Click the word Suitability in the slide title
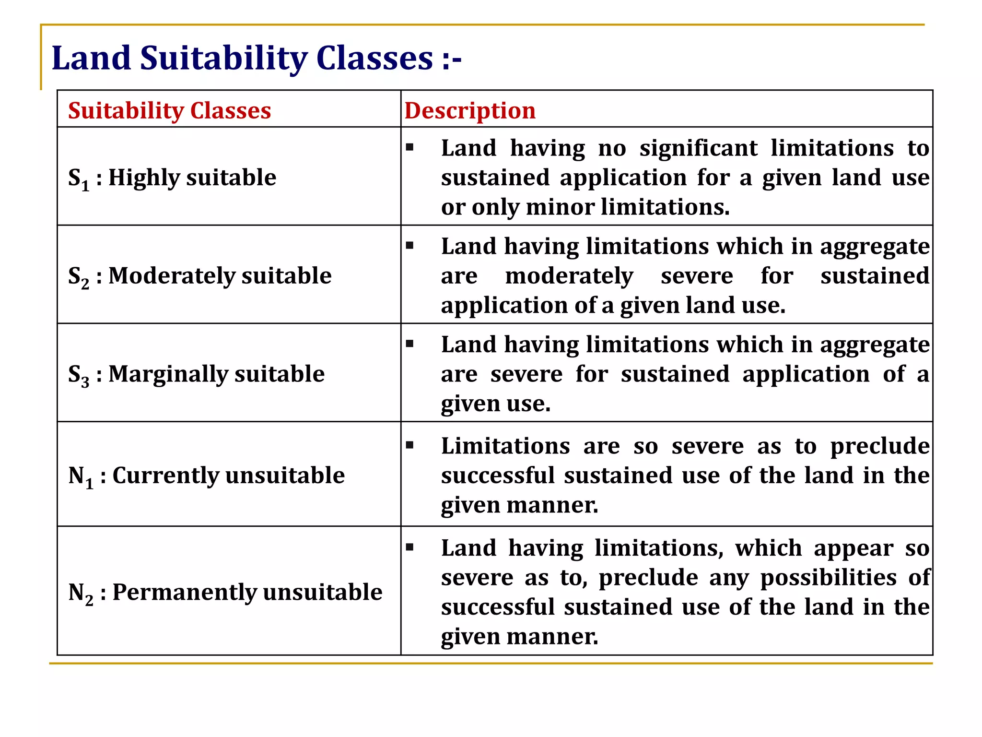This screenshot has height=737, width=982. tap(224, 59)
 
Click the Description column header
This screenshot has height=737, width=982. tap(470, 111)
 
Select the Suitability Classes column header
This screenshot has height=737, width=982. tap(169, 111)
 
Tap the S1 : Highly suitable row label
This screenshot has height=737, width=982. tap(172, 178)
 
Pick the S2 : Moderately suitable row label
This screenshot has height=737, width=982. tap(199, 276)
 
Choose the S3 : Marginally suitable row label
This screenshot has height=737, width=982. tap(196, 374)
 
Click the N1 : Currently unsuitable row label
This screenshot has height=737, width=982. tap(206, 476)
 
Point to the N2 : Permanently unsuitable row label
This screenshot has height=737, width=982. tap(225, 593)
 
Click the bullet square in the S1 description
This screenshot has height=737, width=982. tap(409, 147)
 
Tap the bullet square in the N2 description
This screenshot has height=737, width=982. tap(409, 547)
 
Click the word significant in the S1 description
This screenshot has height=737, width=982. tap(699, 148)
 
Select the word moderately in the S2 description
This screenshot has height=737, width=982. tap(569, 276)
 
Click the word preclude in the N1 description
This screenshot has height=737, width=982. tap(880, 447)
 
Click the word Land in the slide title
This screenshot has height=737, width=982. tap(91, 59)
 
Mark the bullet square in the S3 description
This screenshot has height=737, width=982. tap(409, 344)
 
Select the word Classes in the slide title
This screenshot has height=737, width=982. tap(374, 59)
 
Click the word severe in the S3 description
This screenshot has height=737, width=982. tap(526, 374)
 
